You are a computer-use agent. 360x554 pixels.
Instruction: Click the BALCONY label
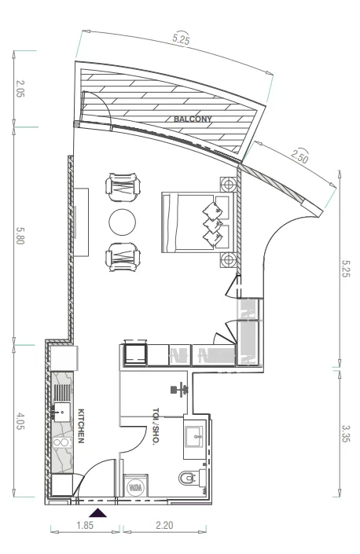193,119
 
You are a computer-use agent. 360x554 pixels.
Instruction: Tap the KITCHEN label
81,426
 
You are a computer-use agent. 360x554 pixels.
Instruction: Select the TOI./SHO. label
156,427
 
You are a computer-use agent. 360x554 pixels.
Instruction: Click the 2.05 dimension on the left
20,89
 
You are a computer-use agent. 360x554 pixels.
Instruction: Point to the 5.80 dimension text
20,235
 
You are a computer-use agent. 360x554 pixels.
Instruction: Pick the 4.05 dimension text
20,420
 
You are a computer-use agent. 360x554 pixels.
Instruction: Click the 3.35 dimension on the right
345,433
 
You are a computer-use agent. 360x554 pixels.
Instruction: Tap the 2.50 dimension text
299,156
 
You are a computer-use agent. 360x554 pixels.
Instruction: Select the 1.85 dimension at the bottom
85,526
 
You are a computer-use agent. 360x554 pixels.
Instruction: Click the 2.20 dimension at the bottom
164,526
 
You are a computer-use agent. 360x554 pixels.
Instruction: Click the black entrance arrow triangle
97,513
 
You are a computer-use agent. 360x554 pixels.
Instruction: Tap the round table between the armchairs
123,222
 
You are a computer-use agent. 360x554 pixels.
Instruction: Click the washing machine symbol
136,486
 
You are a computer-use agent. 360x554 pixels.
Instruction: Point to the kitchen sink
62,413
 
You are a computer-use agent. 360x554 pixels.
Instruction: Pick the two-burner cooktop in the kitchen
62,442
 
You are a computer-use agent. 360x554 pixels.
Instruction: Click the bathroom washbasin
194,437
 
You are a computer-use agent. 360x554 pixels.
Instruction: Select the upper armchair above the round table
123,187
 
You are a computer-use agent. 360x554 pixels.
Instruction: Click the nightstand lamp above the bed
229,184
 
